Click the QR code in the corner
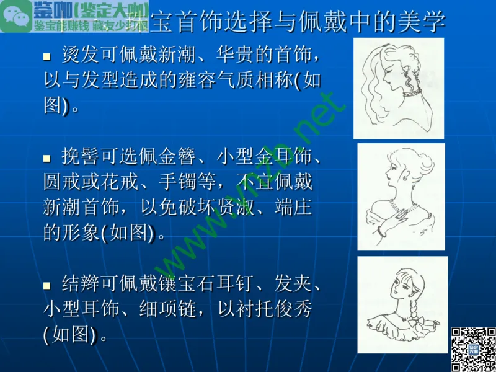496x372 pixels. tap(472, 348)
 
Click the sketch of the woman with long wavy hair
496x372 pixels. tap(398, 87)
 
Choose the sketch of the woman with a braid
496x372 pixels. tap(402, 304)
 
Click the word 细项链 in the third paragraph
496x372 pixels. tap(174, 309)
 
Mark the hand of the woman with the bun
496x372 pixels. tap(402, 214)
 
